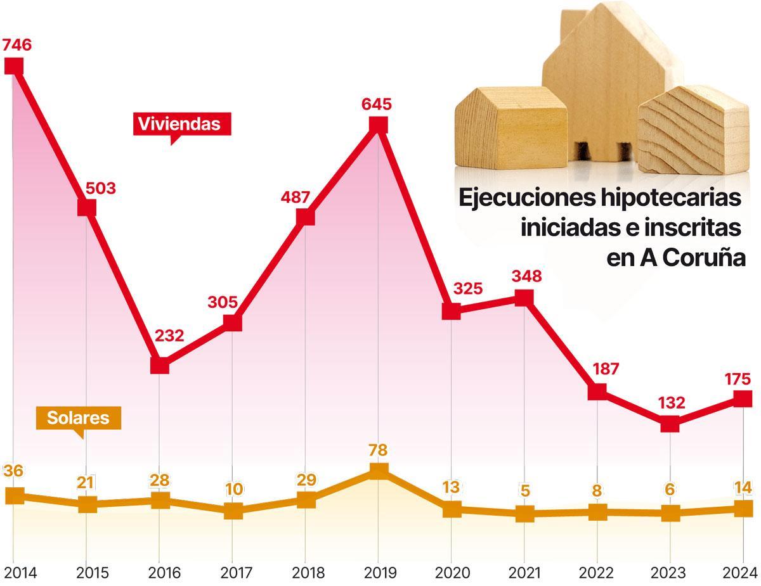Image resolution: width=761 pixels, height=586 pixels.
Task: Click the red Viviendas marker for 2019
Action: (378, 125)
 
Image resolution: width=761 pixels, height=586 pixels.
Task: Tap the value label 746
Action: (16, 45)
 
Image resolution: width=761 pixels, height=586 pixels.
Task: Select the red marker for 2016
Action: (160, 366)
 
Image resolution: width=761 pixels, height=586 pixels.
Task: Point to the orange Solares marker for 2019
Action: (379, 471)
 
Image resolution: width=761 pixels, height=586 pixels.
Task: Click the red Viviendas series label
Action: (179, 124)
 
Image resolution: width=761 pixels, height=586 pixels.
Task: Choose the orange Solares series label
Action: (78, 418)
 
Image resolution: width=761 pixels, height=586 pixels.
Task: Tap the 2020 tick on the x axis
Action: (452, 573)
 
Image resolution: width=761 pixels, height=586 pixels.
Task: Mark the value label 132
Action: (672, 402)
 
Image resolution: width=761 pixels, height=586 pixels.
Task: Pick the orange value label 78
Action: (379, 450)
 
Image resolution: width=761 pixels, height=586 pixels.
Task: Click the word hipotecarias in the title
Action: (670, 198)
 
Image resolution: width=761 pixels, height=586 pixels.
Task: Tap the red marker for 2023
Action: (670, 424)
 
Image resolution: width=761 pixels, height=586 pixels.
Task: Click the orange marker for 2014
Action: (14, 496)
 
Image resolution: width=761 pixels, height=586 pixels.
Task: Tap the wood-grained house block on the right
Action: (694, 133)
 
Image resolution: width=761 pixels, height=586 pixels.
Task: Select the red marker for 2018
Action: (306, 217)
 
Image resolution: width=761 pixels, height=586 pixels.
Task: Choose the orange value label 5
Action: (524, 491)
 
